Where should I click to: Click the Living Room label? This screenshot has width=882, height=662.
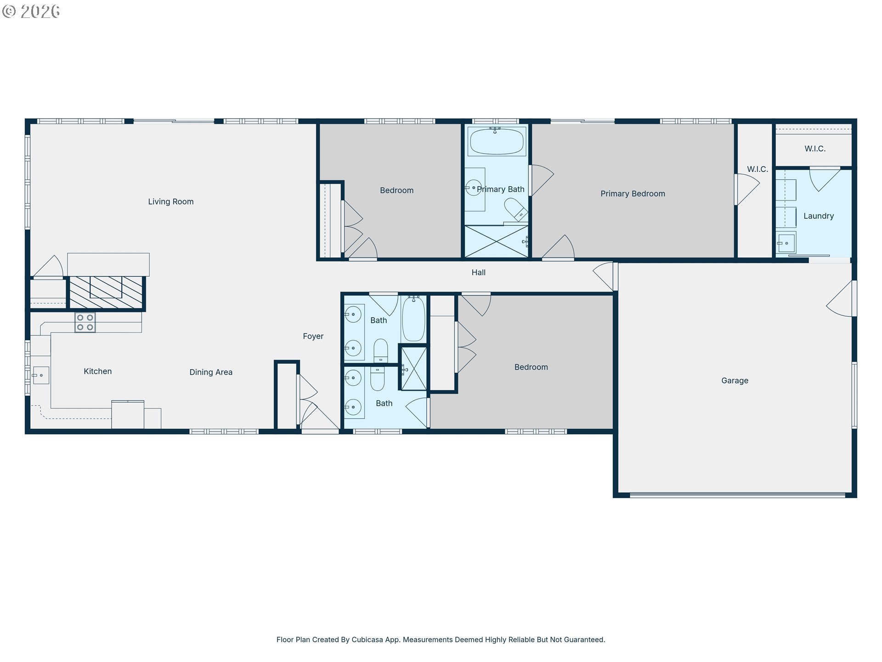[170, 201]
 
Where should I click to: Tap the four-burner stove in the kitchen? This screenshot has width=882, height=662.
[85, 322]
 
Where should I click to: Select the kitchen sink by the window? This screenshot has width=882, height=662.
[40, 375]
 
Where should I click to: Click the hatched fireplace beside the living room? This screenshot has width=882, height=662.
[106, 292]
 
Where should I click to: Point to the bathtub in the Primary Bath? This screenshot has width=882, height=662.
[496, 141]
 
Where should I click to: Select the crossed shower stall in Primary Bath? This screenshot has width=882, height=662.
[496, 241]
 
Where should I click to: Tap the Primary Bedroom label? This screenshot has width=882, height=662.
[632, 194]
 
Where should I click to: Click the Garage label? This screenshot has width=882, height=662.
[734, 380]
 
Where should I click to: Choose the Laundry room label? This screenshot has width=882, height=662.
[818, 216]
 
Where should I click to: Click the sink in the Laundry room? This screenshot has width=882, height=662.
[786, 243]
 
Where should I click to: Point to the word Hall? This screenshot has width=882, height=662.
[478, 272]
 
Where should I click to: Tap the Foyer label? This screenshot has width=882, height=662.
[313, 336]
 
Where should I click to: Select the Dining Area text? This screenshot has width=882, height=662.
[210, 372]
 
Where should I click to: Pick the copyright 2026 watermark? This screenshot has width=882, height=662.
[31, 11]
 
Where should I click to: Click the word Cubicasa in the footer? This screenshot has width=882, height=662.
[367, 639]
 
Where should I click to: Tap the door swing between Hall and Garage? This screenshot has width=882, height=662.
[605, 276]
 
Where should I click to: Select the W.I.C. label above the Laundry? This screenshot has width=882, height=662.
[814, 148]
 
